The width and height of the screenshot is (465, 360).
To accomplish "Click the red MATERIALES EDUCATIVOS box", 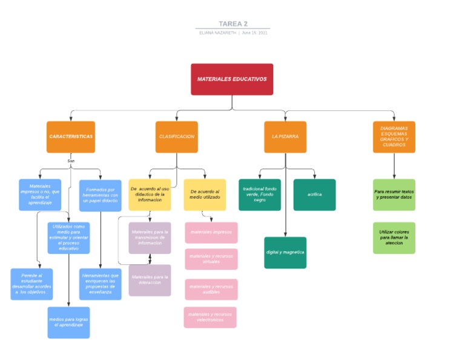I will point(232,79).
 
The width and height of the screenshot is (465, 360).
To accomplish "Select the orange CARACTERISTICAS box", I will point(71,137).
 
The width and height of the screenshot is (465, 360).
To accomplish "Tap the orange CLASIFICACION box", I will point(177,137).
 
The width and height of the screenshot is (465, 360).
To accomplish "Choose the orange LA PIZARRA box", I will point(285,137).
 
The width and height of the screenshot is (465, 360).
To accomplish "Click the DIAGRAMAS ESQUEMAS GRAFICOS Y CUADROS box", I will point(394,137).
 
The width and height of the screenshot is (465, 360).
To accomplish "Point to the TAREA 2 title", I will point(232,24).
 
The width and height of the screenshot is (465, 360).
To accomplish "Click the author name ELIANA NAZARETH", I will point(218,33).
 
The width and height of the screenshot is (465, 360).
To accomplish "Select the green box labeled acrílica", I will point(314,195).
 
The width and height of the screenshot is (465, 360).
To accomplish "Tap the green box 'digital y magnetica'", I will point(285,252).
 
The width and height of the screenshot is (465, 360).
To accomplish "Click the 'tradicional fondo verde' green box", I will point(260,195).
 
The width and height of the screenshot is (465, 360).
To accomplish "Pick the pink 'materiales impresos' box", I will point(211,232).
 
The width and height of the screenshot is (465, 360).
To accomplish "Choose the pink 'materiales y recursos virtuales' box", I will point(211,259).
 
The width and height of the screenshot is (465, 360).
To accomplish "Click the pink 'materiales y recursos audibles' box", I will point(211,289).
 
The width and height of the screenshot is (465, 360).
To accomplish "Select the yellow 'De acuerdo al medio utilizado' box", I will point(205,195).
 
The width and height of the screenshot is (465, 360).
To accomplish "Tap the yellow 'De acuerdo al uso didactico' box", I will point(150,195).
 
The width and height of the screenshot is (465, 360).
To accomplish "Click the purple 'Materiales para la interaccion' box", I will point(150,280).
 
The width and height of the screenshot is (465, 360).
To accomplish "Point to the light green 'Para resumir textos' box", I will point(394,195).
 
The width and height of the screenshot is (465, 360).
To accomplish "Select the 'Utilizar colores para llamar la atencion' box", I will point(394,238).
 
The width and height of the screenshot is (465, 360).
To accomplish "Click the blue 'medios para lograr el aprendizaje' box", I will point(68,322).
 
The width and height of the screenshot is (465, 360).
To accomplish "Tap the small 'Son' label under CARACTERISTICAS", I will point(71,161).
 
